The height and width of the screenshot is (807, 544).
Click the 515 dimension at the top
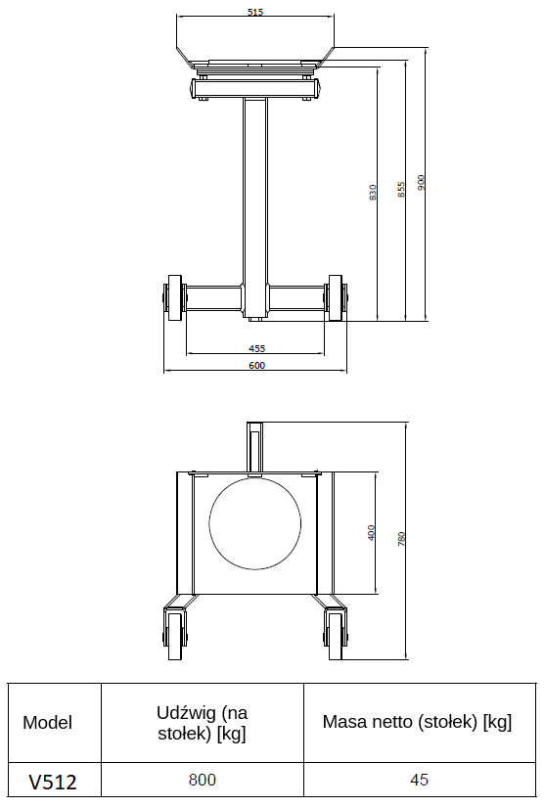(255, 13)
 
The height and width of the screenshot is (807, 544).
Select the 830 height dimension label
(373, 193)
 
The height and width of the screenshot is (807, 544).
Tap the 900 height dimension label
(422, 183)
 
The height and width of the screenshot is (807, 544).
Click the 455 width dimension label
(256, 348)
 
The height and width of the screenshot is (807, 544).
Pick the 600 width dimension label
(256, 366)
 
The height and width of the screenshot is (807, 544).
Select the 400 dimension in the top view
(371, 533)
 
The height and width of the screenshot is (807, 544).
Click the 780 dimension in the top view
(401, 538)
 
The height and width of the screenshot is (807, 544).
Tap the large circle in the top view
(256, 526)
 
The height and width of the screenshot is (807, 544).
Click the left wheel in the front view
(175, 297)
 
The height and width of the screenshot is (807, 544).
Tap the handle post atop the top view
(255, 445)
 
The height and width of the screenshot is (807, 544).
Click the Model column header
(48, 723)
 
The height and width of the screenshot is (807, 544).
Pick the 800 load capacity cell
(202, 781)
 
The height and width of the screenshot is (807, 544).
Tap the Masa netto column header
(418, 722)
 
